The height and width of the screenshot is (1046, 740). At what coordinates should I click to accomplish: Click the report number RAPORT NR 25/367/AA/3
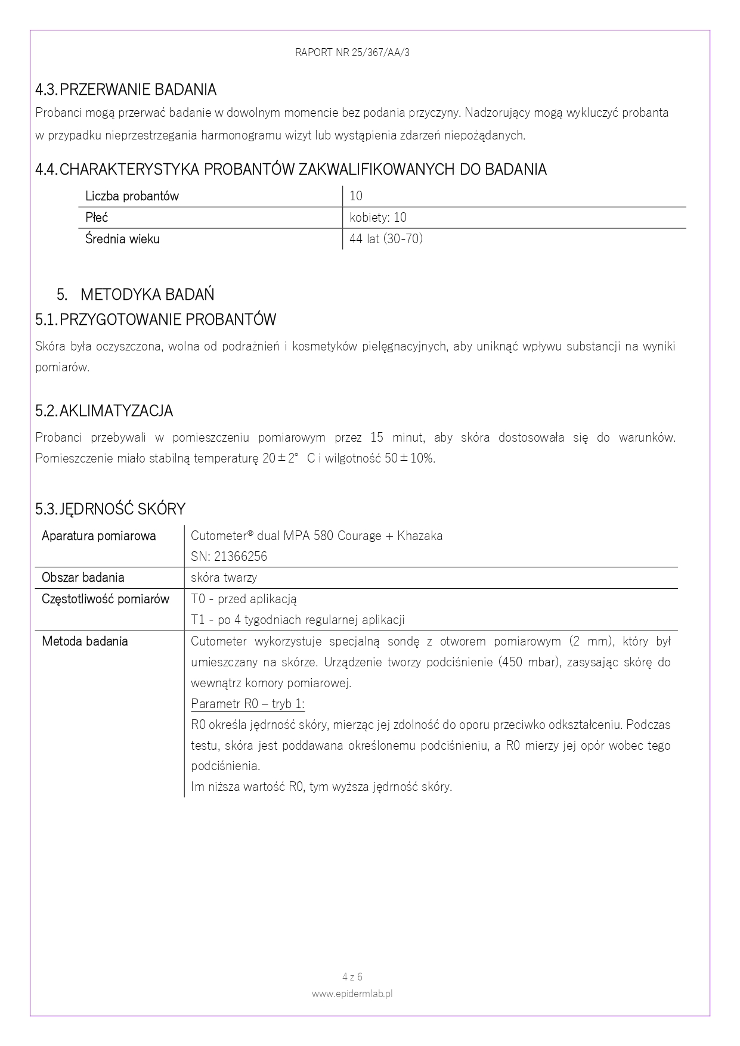352,52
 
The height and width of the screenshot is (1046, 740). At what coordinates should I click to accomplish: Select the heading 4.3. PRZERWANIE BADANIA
126,90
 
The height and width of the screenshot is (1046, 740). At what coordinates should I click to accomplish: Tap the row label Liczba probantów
132,196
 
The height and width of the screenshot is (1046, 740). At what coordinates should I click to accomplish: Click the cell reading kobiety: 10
378,218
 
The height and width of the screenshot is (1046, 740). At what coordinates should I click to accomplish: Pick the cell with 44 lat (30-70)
386,239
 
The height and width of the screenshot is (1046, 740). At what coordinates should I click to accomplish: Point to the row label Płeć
97,218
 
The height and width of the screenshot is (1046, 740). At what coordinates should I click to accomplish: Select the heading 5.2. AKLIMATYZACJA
104,411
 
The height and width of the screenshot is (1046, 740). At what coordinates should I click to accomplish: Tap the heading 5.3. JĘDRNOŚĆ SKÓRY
110,509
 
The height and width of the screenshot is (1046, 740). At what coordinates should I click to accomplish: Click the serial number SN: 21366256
229,557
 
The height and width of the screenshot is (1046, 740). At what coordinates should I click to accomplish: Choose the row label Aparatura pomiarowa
99,536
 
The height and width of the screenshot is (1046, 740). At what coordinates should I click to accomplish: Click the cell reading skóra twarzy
224,578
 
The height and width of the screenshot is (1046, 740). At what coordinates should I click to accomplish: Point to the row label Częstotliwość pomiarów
106,599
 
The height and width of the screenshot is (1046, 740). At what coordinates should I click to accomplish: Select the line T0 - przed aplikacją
243,599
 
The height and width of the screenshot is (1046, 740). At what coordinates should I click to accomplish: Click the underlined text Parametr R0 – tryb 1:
247,704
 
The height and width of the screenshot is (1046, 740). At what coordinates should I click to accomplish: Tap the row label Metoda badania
85,641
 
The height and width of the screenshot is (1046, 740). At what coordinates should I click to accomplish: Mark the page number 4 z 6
352,977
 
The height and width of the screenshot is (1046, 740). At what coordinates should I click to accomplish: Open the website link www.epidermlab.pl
352,994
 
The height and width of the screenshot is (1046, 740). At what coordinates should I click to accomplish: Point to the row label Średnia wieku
122,239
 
